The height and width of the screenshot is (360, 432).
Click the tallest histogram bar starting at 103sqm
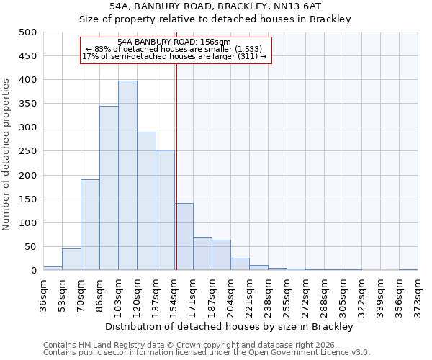tap(127, 176)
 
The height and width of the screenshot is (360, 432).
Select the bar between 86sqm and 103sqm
tap(109, 188)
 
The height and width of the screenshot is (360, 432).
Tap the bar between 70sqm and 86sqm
tap(90, 225)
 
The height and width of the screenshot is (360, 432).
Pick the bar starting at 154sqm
tap(184, 237)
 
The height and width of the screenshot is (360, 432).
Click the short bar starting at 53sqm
tap(71, 259)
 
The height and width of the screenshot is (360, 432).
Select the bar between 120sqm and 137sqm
tap(146, 201)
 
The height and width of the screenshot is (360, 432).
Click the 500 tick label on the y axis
tap(28, 32)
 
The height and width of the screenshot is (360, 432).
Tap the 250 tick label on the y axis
tap(28, 151)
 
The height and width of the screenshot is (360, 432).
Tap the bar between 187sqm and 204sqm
tap(221, 255)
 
